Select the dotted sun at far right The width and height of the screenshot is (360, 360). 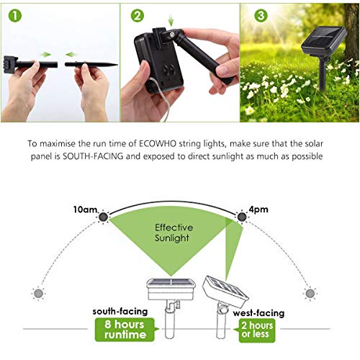tap(310, 293)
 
